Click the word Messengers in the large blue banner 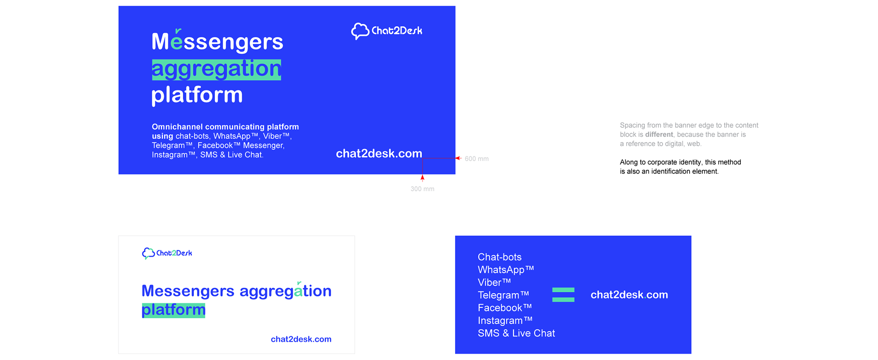(x=217, y=42)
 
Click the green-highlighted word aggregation (x=216, y=70)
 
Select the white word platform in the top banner (x=197, y=95)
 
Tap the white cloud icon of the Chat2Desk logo (x=360, y=31)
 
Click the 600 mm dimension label (x=476, y=159)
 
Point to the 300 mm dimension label (x=422, y=189)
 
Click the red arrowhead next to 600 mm (x=458, y=158)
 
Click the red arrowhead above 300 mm (x=423, y=178)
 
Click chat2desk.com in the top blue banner (x=379, y=154)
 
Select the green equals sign (x=563, y=295)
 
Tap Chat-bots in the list (x=499, y=257)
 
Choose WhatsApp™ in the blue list (x=506, y=270)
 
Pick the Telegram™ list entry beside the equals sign (x=503, y=295)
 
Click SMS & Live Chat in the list (x=516, y=333)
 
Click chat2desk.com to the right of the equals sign (x=629, y=295)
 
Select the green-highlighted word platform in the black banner (x=173, y=310)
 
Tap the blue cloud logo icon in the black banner (x=148, y=253)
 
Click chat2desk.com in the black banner (x=301, y=339)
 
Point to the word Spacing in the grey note (x=632, y=125)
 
